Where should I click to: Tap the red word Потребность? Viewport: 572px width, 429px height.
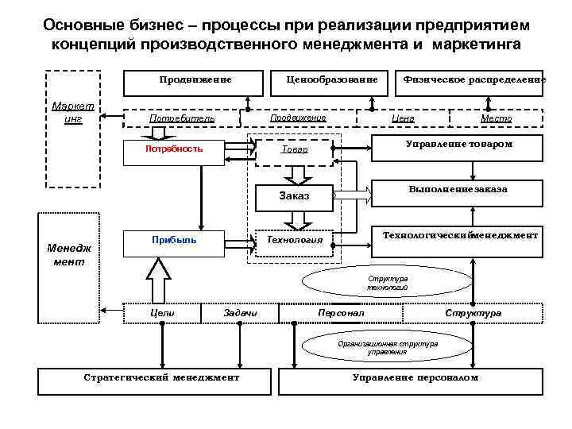174,149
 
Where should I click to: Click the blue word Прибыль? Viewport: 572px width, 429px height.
174,238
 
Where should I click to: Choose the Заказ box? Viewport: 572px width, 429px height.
295,195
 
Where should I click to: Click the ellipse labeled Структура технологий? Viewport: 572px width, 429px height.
388,284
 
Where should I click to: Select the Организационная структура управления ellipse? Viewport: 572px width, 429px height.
388,347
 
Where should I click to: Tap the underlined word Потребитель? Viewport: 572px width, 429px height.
183,118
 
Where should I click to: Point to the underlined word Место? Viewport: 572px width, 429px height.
496,118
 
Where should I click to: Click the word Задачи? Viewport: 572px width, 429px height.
241,314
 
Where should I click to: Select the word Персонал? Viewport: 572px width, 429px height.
341,314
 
